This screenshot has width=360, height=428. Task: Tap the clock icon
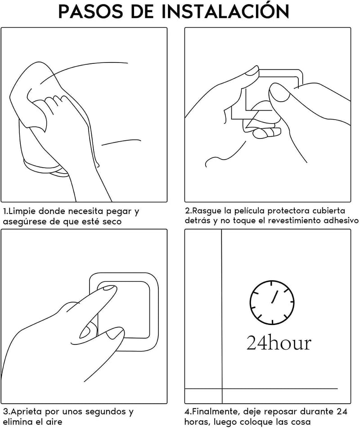[272, 303]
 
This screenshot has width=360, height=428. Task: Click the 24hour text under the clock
[279, 343]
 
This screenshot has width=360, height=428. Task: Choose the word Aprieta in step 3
[26, 412]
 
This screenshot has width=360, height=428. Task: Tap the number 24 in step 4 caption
[342, 411]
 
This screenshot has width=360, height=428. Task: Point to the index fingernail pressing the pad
[109, 288]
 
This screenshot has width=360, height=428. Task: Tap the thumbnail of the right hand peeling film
[279, 92]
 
